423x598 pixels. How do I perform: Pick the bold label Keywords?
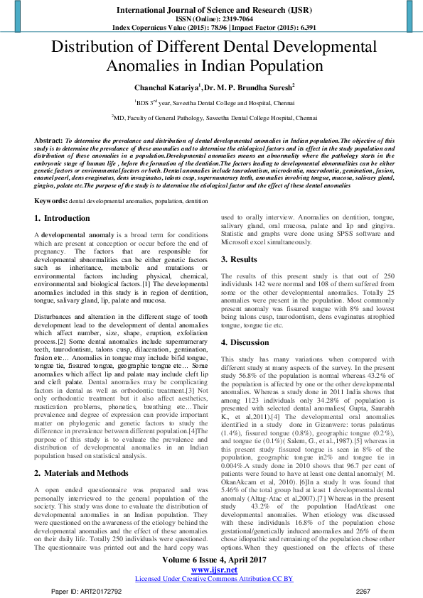[x=51, y=181]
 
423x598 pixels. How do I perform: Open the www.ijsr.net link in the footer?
[x=211, y=569]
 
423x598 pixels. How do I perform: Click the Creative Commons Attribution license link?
[x=211, y=578]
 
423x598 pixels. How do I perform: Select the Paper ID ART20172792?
[x=89, y=590]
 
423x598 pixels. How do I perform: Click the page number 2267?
[x=364, y=590]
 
